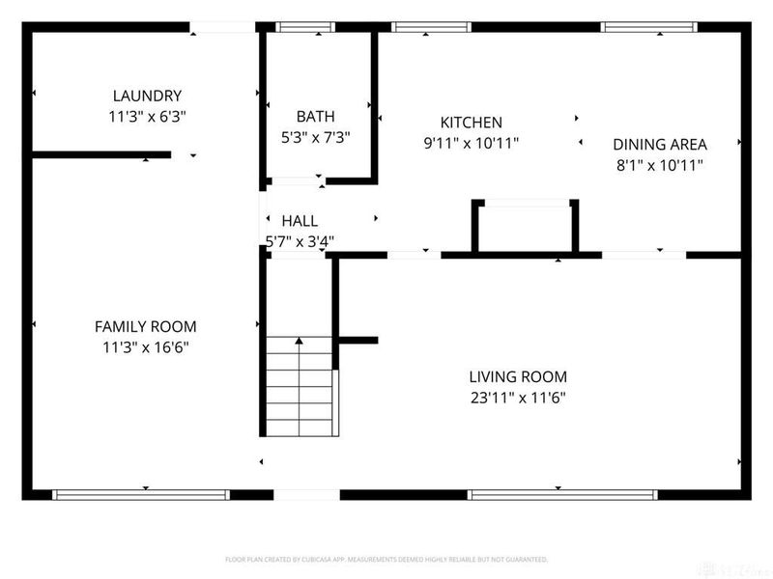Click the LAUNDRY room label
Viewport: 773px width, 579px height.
(147, 96)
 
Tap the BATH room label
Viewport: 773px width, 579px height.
(315, 116)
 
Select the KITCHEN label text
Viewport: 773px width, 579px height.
(472, 123)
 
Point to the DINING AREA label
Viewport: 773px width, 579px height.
(660, 145)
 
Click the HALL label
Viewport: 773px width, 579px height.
(300, 221)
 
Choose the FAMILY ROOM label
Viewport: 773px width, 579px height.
(145, 326)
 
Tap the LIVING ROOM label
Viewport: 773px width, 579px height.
(518, 376)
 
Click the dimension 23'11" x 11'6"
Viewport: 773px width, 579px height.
(518, 397)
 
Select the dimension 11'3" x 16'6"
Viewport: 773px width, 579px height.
(145, 347)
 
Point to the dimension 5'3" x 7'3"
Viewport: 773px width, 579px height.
(315, 137)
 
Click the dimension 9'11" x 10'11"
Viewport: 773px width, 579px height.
(472, 143)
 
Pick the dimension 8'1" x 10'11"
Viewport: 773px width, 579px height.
(660, 165)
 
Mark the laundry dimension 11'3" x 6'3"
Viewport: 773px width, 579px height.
(147, 116)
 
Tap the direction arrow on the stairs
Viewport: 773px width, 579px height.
(301, 341)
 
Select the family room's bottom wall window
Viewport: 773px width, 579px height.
(141, 494)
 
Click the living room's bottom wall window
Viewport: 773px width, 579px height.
(563, 494)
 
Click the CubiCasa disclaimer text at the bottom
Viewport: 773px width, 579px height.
(386, 559)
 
